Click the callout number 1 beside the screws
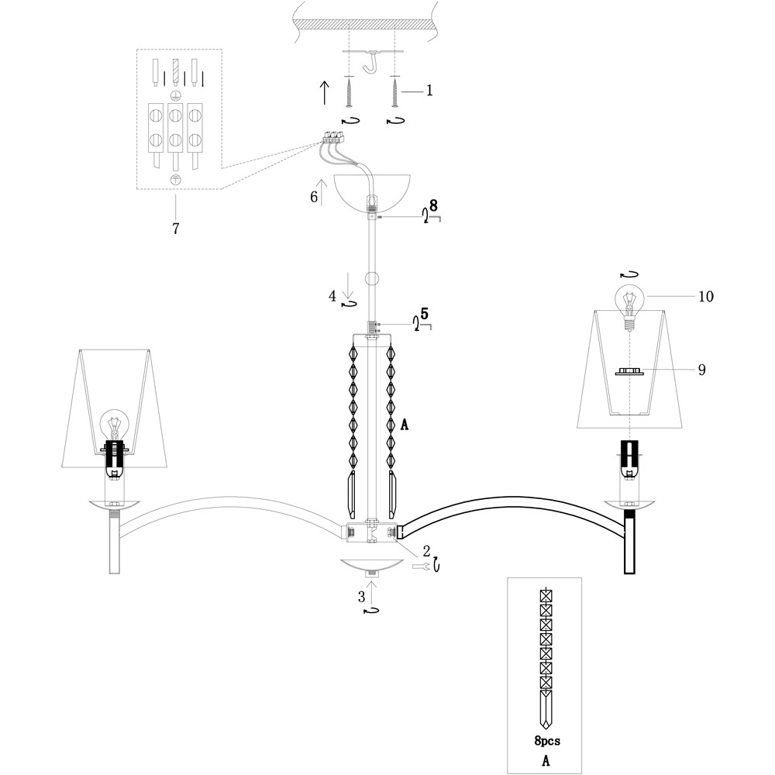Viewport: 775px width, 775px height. click(x=429, y=91)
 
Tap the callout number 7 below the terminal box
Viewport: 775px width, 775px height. click(x=176, y=229)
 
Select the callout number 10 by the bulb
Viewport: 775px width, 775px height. click(x=705, y=296)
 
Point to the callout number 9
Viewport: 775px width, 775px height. click(x=701, y=370)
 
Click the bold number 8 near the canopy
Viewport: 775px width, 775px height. click(x=433, y=206)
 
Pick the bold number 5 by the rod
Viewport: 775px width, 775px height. click(x=425, y=315)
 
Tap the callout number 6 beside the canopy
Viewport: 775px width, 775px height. click(x=314, y=197)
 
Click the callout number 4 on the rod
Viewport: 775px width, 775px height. click(x=332, y=295)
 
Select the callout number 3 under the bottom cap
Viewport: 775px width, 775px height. click(x=361, y=596)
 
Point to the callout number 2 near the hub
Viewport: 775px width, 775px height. click(x=426, y=551)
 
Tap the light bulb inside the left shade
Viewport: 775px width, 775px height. click(x=115, y=427)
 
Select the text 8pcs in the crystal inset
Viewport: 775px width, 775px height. click(x=547, y=741)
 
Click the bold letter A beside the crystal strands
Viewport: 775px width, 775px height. click(x=404, y=424)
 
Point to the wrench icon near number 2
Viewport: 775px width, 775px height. click(x=421, y=567)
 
